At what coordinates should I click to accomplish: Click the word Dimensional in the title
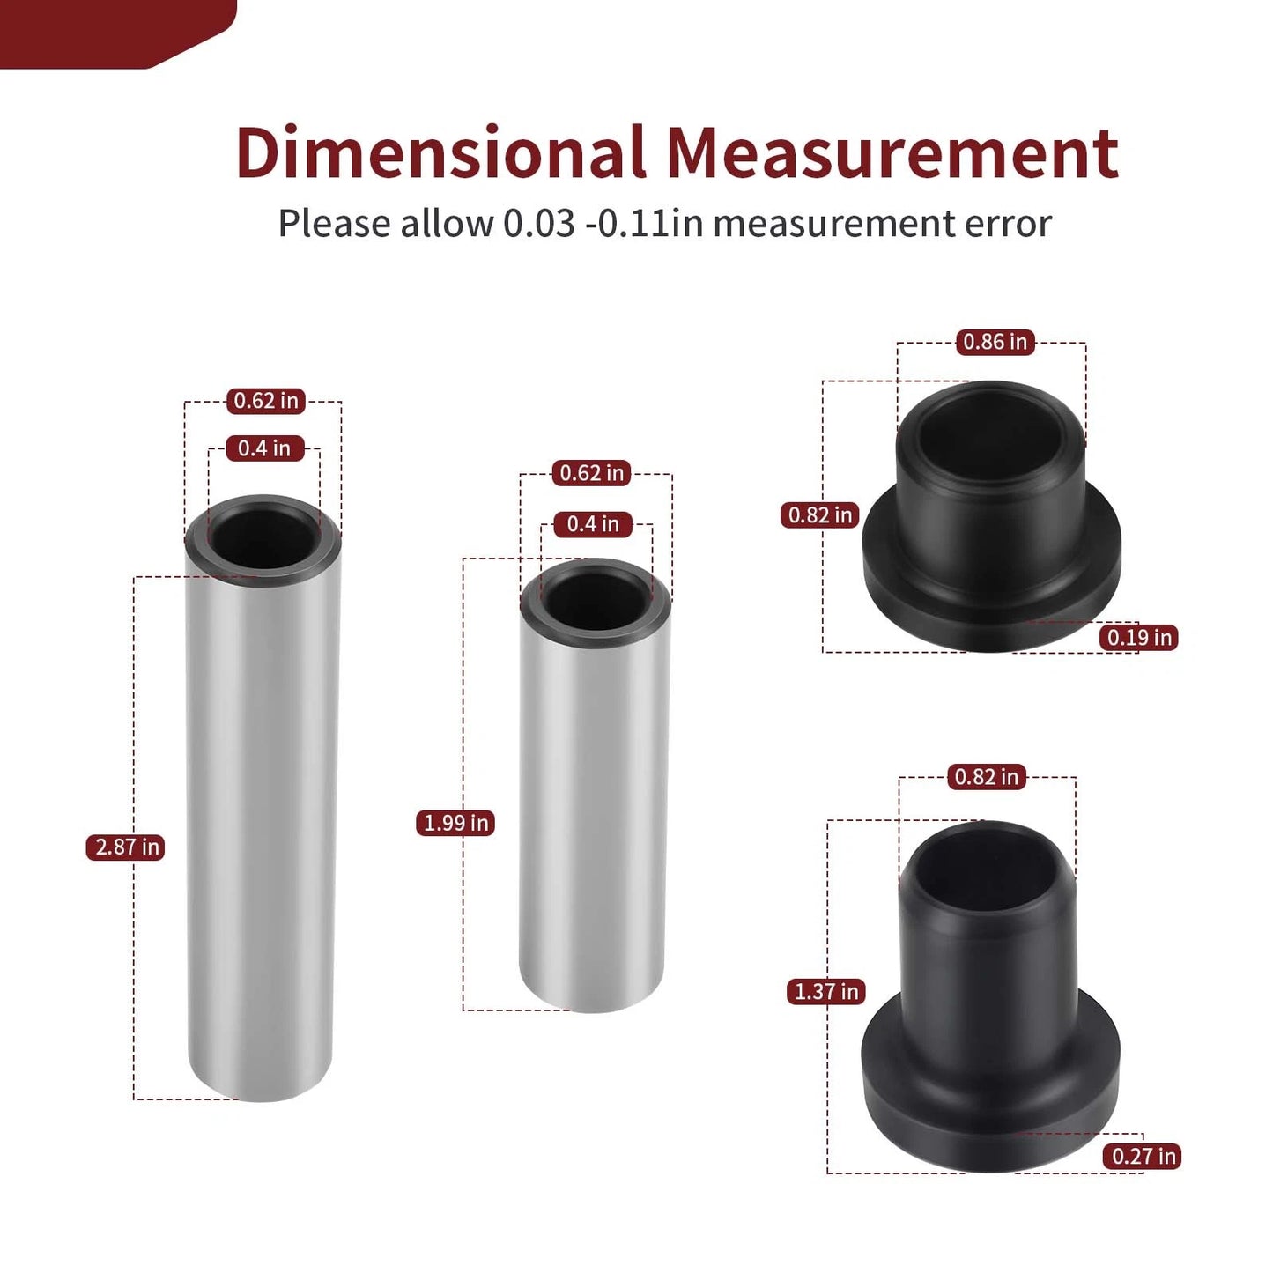[x=440, y=153]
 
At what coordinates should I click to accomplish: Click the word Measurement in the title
[x=892, y=153]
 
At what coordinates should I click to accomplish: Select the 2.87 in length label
[x=126, y=847]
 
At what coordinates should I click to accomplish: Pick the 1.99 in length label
[x=455, y=823]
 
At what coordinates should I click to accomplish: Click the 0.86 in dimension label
[x=995, y=342]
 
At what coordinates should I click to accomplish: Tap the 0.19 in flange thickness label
[x=1138, y=637]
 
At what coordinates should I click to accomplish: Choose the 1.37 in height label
[x=825, y=991]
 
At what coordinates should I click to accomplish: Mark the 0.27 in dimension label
[x=1143, y=1156]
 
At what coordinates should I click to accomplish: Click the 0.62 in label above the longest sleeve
[x=265, y=401]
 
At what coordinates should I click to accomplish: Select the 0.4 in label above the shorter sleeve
[x=592, y=524]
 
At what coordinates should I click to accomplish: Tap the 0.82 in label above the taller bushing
[x=986, y=776]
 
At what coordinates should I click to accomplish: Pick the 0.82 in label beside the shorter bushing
[x=819, y=514]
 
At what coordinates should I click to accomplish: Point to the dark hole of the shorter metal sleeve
[x=596, y=599]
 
